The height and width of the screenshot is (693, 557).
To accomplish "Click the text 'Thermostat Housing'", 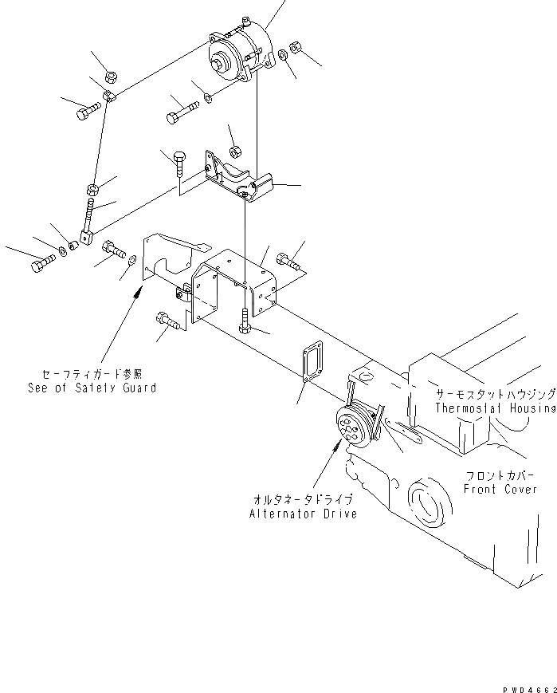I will tap(495, 408).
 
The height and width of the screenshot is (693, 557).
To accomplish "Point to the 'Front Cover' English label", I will tap(500, 489).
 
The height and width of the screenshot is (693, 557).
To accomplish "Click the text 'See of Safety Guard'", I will tap(91, 388).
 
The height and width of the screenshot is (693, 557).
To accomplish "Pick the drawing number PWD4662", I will tap(527, 685).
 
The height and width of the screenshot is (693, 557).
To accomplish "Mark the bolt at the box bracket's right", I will tap(288, 258).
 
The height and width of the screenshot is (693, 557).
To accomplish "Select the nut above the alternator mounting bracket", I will tap(235, 152).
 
